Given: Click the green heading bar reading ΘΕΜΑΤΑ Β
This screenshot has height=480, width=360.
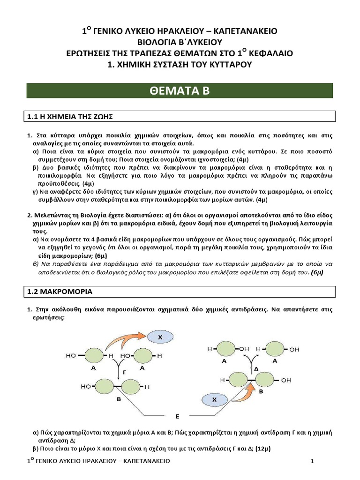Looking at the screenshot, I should (180, 91).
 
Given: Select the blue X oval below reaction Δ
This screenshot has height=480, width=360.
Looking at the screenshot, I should (214, 400).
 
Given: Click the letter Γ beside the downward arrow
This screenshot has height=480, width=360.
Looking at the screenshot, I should (124, 370).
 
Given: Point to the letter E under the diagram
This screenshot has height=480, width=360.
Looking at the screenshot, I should (177, 416).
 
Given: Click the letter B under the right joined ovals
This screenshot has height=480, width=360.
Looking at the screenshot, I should (262, 390).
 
